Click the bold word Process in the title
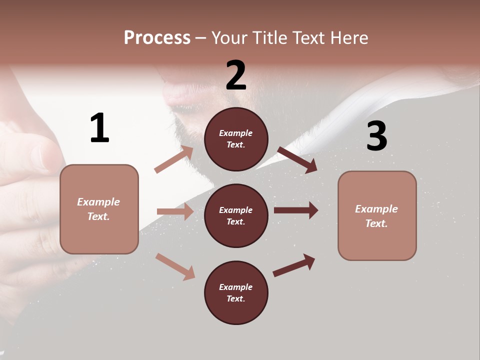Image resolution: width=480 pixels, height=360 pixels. click(x=157, y=37)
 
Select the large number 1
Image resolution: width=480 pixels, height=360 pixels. click(x=99, y=128)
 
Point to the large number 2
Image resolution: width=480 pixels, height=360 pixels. click(x=236, y=75)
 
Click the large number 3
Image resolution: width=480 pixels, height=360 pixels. click(x=376, y=136)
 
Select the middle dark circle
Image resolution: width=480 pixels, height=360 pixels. click(x=236, y=215)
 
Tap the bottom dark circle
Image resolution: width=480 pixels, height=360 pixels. click(x=236, y=292)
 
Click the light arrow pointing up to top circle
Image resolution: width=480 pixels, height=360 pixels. click(x=174, y=159)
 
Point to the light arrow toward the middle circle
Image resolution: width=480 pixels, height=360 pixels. click(x=175, y=211)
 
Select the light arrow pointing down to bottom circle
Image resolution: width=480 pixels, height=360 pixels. click(x=175, y=266)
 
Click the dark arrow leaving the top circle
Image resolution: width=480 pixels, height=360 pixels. click(x=297, y=159)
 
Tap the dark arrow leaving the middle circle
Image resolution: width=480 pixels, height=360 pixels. click(x=295, y=210)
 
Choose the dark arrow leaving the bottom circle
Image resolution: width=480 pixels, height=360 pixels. click(x=294, y=265)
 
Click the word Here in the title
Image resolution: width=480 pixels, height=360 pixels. click(x=348, y=37)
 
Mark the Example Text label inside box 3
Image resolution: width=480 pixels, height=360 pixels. click(x=376, y=216)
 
